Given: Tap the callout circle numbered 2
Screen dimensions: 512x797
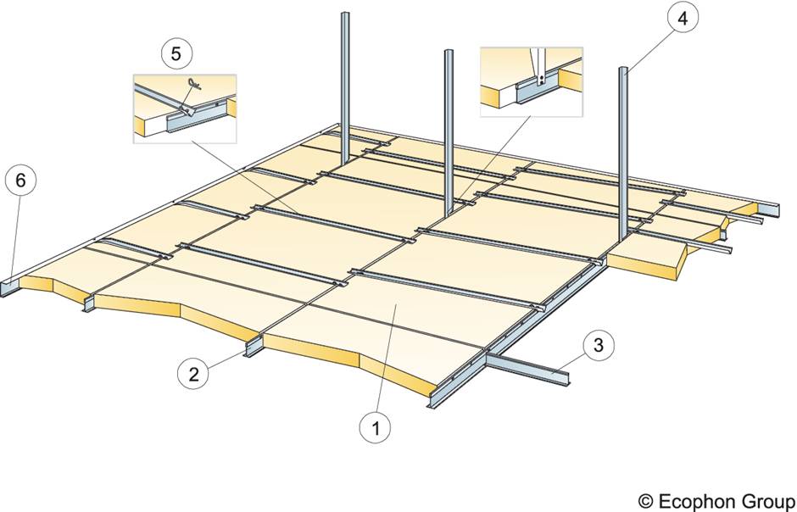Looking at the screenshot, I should click(194, 373).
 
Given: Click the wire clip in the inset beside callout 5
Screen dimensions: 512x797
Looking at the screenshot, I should click(194, 86).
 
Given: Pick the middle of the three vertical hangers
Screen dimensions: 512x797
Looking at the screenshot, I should click(448, 127).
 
